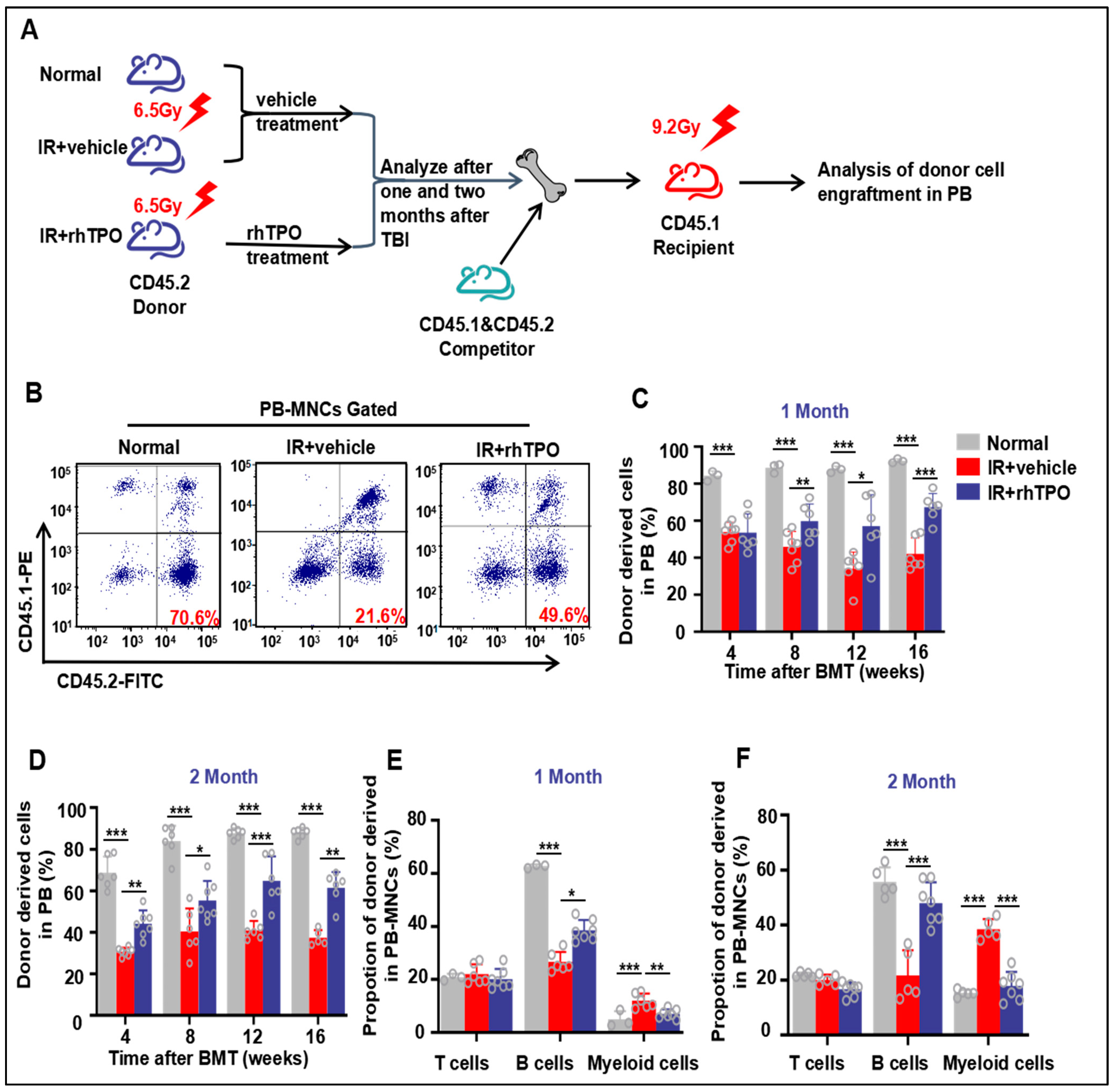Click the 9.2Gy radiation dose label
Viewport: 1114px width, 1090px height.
[676, 127]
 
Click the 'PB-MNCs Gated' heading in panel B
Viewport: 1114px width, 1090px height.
[328, 409]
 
